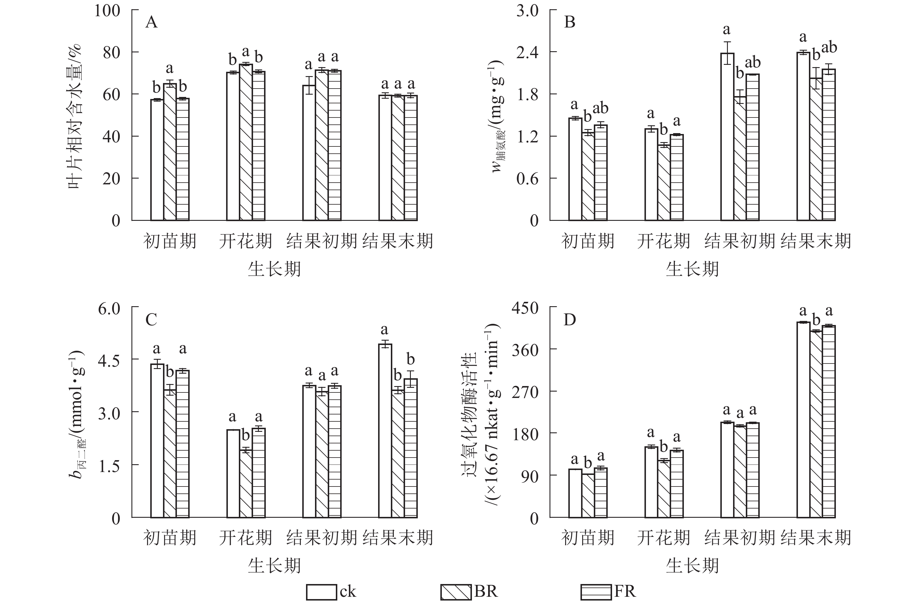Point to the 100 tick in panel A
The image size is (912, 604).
coord(107,10)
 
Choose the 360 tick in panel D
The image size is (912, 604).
coord(525,350)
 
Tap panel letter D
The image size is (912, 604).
coord(569,320)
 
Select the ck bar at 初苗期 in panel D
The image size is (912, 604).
coord(575,493)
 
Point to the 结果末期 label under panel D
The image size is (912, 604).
coord(816,538)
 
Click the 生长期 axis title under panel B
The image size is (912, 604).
coord(692,269)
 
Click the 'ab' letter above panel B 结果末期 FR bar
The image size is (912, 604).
coord(829,48)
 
